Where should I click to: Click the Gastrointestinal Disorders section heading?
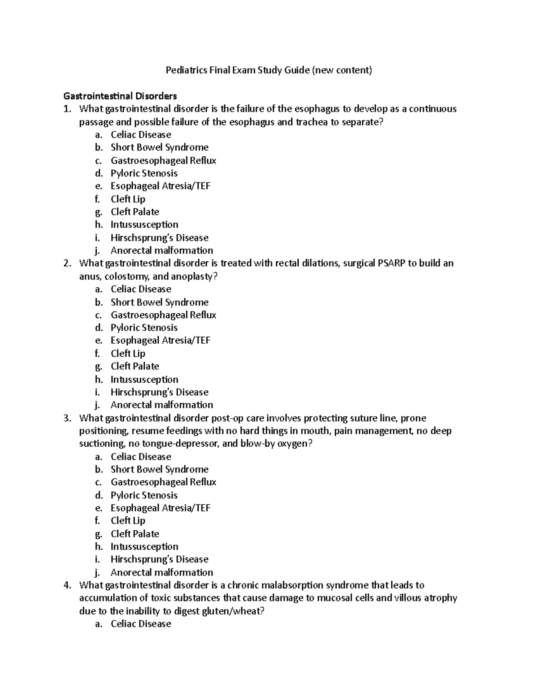point(120,96)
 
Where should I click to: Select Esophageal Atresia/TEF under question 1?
point(160,186)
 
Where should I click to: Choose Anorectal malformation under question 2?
point(161,405)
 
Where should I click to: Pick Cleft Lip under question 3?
point(128,521)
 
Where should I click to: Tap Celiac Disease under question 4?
point(141,624)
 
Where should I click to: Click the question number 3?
point(67,418)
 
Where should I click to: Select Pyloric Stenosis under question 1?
point(144,173)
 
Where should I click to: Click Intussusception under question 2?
point(144,380)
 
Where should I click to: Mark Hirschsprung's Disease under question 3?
point(159,559)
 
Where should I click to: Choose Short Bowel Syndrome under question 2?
point(159,303)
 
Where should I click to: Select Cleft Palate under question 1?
point(134,212)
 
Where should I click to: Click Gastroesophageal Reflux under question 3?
point(163,482)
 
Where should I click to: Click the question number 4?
point(67,585)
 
